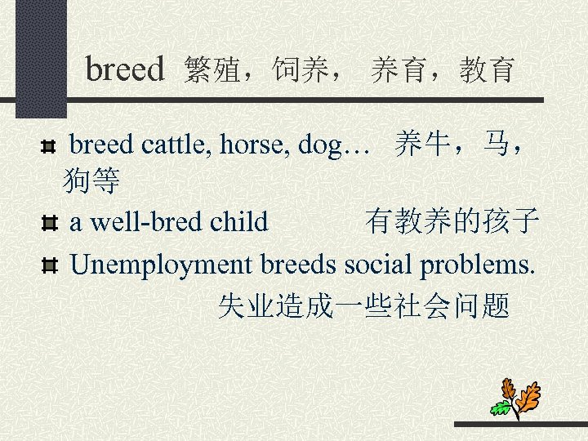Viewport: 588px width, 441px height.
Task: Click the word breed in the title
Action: pyautogui.click(x=125, y=69)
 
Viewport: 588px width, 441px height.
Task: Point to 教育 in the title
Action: pyautogui.click(x=487, y=70)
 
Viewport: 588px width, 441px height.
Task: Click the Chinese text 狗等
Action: pyautogui.click(x=91, y=181)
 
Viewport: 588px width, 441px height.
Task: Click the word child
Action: pyautogui.click(x=238, y=220)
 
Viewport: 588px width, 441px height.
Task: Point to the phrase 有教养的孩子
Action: pyautogui.click(x=452, y=220)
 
